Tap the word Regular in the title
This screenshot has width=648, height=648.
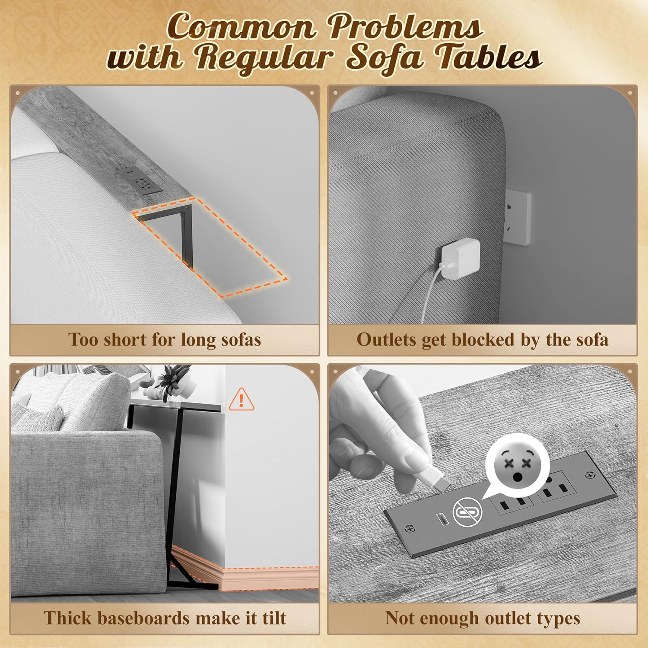pyautogui.click(x=265, y=57)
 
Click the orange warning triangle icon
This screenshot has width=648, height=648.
pyautogui.click(x=241, y=400)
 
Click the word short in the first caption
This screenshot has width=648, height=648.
pyautogui.click(x=125, y=340)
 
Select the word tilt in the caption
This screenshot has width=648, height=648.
pyautogui.click(x=274, y=618)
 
